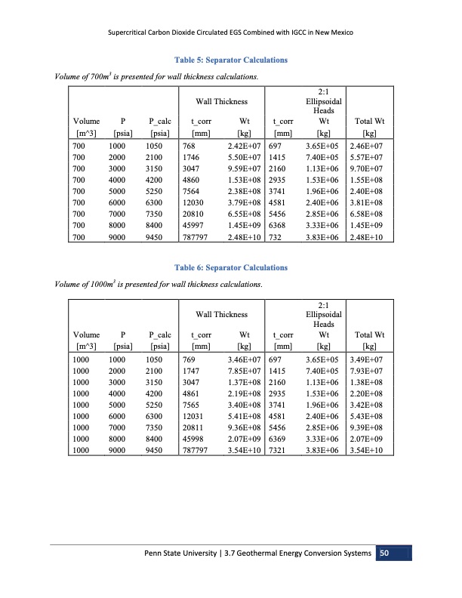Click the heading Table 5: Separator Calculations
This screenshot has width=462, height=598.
[x=230, y=59]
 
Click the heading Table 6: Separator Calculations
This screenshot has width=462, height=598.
[x=230, y=267]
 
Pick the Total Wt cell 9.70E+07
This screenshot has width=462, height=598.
[x=364, y=170]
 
